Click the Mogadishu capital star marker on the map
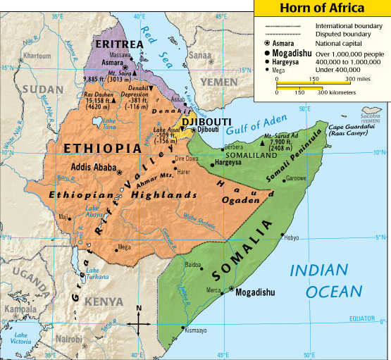(x=231, y=289)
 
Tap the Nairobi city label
(x=70, y=339)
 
